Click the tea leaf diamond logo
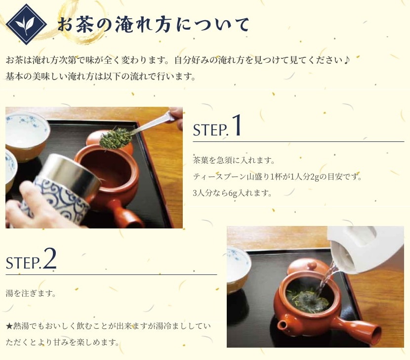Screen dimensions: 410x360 (26, 24)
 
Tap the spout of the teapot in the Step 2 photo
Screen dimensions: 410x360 (282, 325)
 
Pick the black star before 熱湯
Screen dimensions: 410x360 (9, 326)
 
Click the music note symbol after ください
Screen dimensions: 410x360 (347, 60)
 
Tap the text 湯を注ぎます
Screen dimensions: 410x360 (31, 293)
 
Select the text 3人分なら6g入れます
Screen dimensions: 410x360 (232, 193)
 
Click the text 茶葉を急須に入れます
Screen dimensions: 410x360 (234, 160)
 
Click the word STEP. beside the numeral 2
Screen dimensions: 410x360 (24, 263)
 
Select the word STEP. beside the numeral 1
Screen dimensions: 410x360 (211, 130)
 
